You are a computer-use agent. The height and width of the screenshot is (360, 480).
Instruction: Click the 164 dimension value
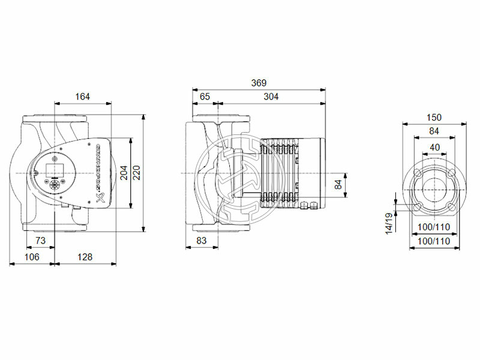coord(83,97)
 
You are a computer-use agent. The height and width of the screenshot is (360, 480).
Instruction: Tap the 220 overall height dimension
coord(137,173)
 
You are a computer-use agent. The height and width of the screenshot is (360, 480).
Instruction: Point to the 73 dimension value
coord(41,240)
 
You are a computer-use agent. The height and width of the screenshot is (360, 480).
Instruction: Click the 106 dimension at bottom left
coord(31,257)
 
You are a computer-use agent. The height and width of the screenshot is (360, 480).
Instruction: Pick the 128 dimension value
coord(85,257)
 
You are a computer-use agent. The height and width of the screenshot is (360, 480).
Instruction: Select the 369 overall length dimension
coord(259,83)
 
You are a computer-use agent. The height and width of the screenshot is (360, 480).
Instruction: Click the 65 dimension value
coord(205,97)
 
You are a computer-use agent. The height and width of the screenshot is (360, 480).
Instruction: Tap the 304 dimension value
coord(271,97)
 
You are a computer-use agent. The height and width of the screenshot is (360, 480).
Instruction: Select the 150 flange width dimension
coord(434,117)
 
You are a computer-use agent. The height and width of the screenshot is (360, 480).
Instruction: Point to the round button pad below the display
coord(56,184)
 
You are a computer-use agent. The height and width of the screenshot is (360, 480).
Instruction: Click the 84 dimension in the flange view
coord(434,131)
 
